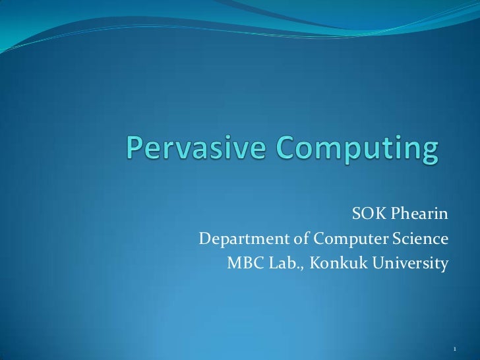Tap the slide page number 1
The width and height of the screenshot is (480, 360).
point(455,347)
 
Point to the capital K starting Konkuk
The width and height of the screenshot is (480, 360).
point(314,263)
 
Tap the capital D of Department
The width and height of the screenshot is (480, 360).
point(205,239)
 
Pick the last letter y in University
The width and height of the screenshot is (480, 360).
point(445,266)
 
